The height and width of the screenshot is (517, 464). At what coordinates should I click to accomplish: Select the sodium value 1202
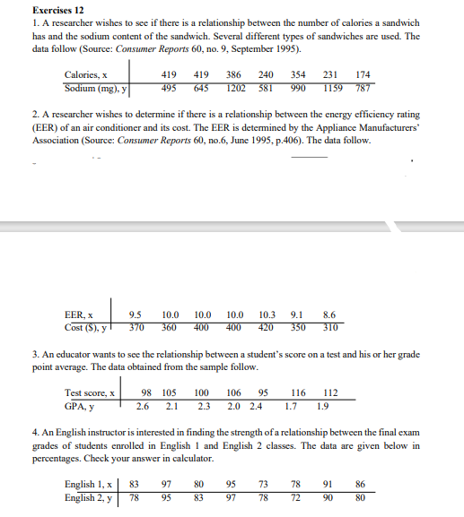coord(237,89)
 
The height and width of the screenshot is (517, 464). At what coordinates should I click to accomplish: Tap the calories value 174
coord(363,75)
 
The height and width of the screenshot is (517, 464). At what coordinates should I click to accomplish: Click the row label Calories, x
coord(86,75)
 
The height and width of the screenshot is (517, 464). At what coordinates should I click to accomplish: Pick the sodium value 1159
coord(334,89)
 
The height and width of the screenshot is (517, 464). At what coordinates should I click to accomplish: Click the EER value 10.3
coord(266,315)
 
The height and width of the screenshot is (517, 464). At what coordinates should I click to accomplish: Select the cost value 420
coord(266,328)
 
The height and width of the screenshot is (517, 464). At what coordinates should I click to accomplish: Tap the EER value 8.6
coord(328,315)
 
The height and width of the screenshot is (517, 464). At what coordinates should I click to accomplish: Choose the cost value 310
coord(328,328)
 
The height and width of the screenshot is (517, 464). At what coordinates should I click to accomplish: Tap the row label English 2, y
coord(89,496)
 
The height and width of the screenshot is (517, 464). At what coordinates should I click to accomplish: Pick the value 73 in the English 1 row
coord(262,484)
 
